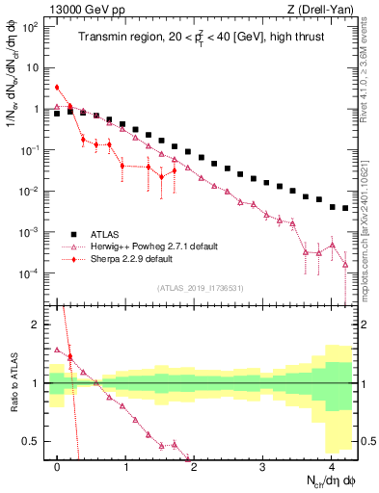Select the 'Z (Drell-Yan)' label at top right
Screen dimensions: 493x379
323,9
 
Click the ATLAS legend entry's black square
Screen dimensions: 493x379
73,233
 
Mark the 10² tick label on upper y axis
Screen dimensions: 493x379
31,27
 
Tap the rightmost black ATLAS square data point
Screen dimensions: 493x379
345,208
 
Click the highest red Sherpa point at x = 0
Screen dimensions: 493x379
58,88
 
